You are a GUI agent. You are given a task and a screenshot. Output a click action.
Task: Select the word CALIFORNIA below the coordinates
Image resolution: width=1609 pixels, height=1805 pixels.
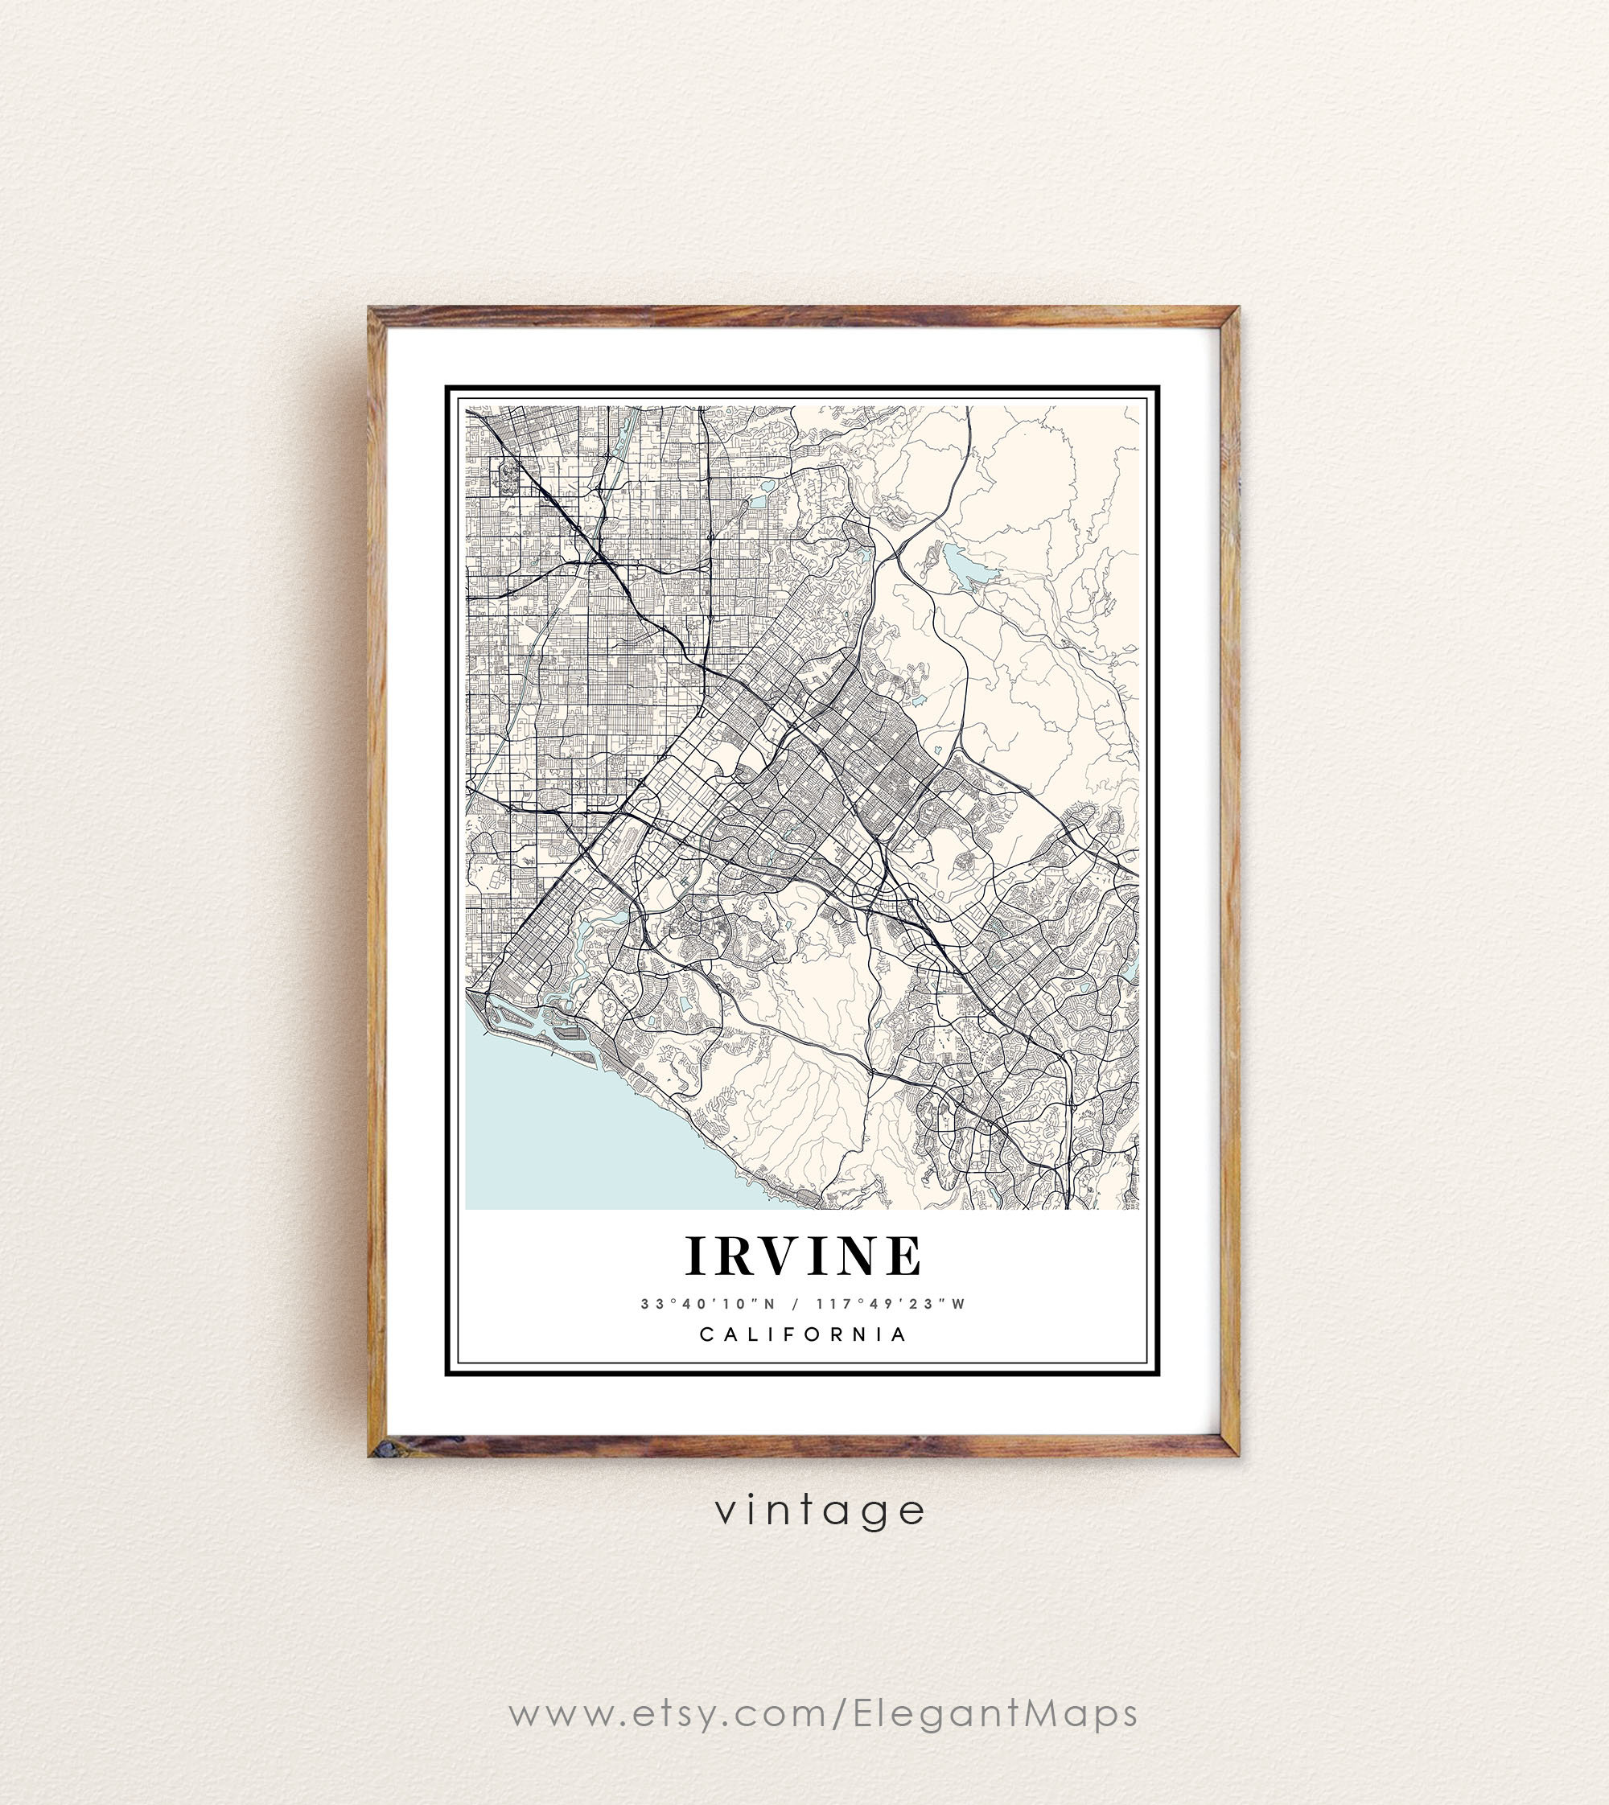[804, 1334]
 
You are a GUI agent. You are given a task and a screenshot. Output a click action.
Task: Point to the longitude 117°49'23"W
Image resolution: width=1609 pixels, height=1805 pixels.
[891, 1304]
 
